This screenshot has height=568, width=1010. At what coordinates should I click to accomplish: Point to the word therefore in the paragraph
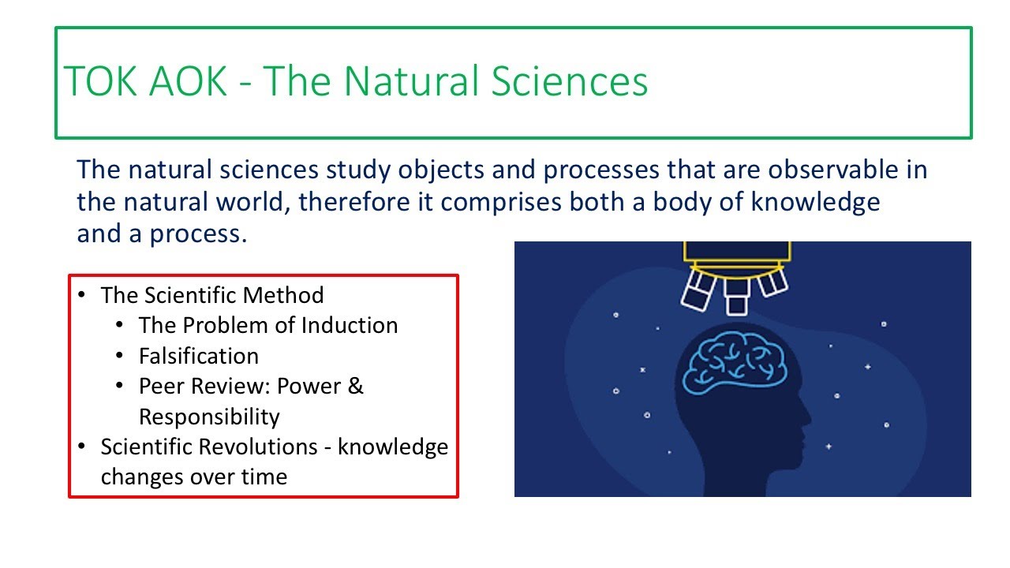click(365, 202)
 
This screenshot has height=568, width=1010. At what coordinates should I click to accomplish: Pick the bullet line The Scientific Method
click(211, 295)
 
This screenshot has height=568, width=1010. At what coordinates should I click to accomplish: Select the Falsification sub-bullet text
click(198, 356)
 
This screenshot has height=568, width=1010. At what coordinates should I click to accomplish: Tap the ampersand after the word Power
click(355, 386)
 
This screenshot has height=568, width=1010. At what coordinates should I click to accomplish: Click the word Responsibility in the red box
click(209, 416)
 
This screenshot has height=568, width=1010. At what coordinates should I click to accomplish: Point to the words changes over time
click(193, 476)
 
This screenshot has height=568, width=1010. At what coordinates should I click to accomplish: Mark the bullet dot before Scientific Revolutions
click(83, 447)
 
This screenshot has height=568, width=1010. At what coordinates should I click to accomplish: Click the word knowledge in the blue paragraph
click(815, 202)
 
